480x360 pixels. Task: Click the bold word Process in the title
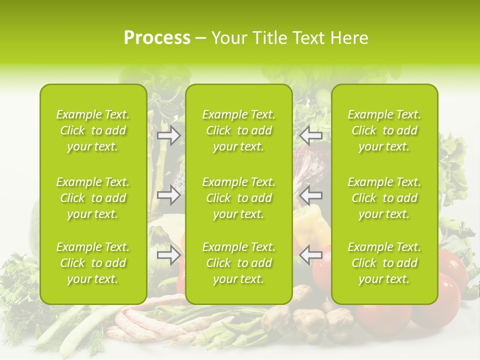click(157, 37)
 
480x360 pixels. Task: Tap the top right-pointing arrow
click(168, 135)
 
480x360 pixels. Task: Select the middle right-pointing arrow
click(168, 195)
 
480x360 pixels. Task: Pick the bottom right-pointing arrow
click(168, 255)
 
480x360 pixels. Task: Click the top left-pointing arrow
click(310, 135)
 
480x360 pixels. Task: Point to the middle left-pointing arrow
click(310, 195)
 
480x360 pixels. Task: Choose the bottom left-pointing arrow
click(310, 255)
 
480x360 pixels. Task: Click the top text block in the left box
click(93, 130)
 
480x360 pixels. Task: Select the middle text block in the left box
click(93, 198)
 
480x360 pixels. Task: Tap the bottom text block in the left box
click(93, 263)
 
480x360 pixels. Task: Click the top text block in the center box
click(239, 130)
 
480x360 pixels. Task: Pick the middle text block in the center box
click(239, 198)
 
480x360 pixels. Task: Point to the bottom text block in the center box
click(239, 263)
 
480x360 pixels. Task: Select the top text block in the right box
click(384, 130)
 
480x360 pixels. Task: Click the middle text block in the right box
click(384, 198)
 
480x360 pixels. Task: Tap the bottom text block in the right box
click(384, 263)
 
